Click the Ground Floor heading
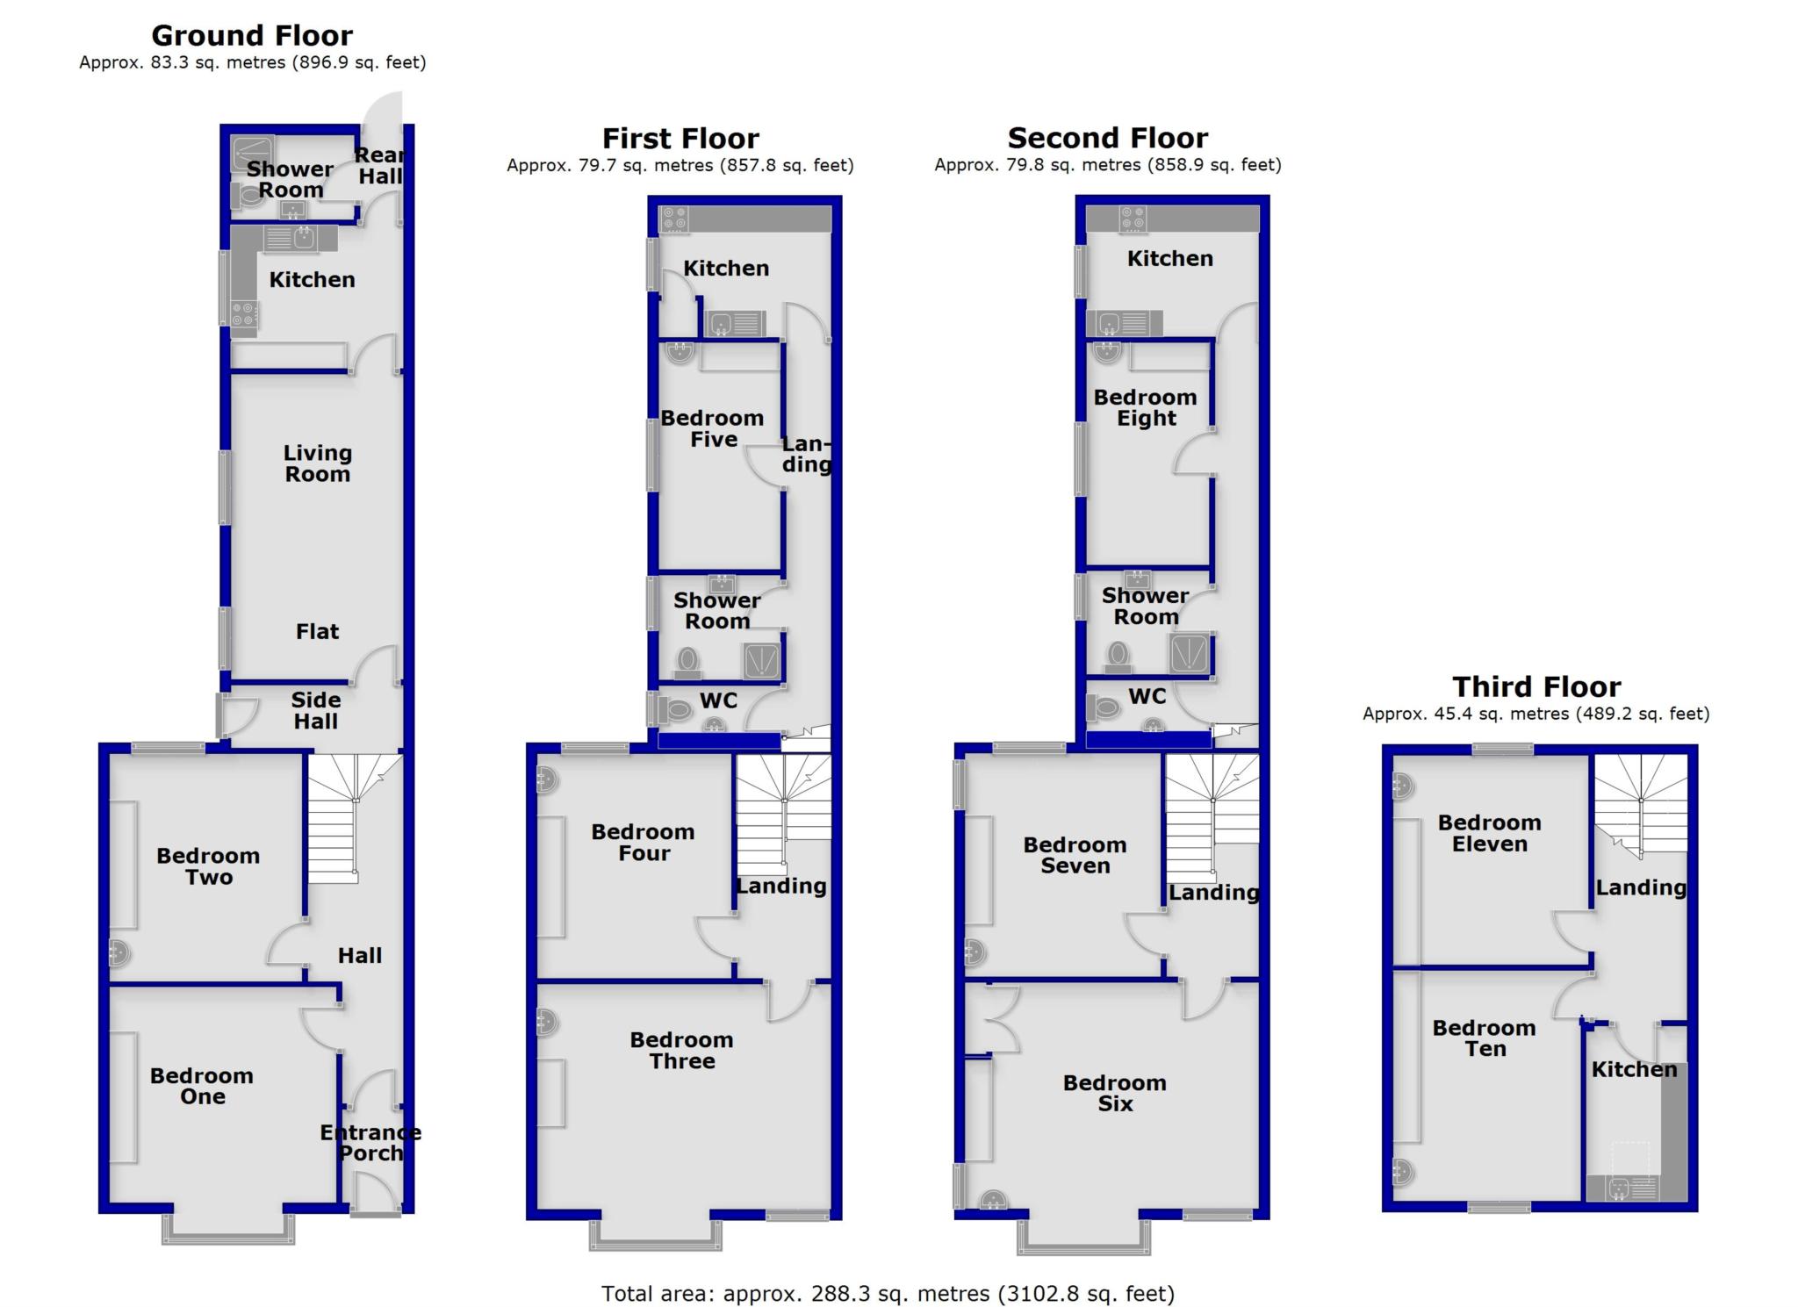[x=252, y=36]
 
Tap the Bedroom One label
[x=202, y=1086]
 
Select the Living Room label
[x=317, y=463]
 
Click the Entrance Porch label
[x=370, y=1143]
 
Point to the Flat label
[x=317, y=631]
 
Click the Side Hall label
[x=315, y=710]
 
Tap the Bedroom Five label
[x=712, y=428]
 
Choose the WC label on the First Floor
[x=718, y=700]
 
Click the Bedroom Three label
[x=681, y=1050]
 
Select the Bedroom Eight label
[x=1145, y=407]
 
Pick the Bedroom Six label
[x=1114, y=1093]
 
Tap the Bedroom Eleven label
[x=1489, y=833]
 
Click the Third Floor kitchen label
[x=1634, y=1069]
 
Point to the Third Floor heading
[x=1536, y=686]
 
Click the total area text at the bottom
[x=888, y=1293]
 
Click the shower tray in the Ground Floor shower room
[x=252, y=154]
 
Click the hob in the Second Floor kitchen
[x=1133, y=219]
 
